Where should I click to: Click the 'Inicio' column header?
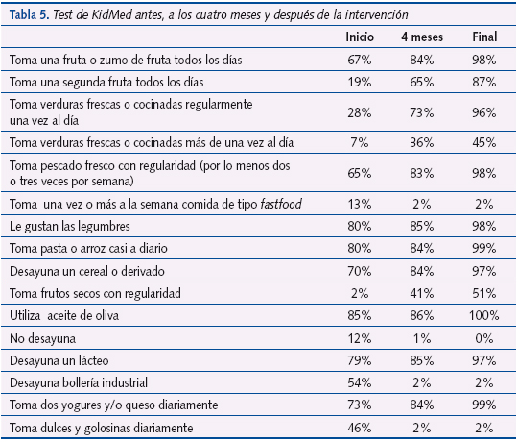coord(360,37)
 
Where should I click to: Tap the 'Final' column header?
coord(484,37)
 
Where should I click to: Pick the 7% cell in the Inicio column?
coord(360,142)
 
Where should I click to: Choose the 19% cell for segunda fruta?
coord(360,83)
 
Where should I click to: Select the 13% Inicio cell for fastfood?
coord(360,204)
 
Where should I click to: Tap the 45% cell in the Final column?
coord(484,142)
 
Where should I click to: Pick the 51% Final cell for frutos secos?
coord(484,292)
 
